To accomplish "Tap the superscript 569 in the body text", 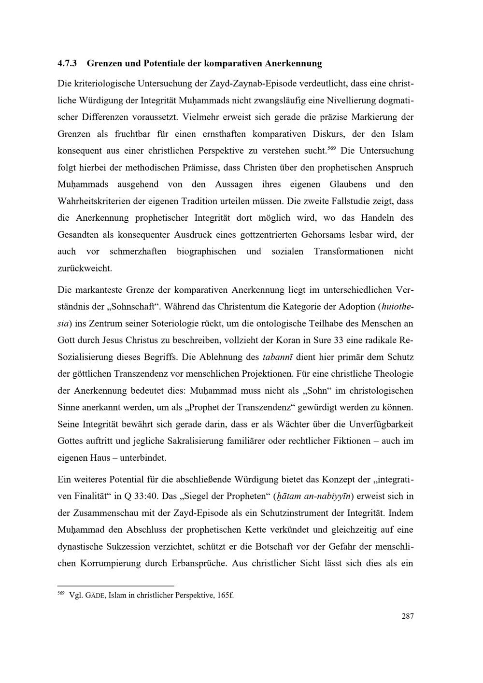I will pos(331,147).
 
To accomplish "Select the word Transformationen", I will pos(349,251).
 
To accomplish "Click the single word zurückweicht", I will pos(85,268).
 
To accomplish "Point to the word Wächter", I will pos(292,424).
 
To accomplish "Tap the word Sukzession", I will pos(117,546).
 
